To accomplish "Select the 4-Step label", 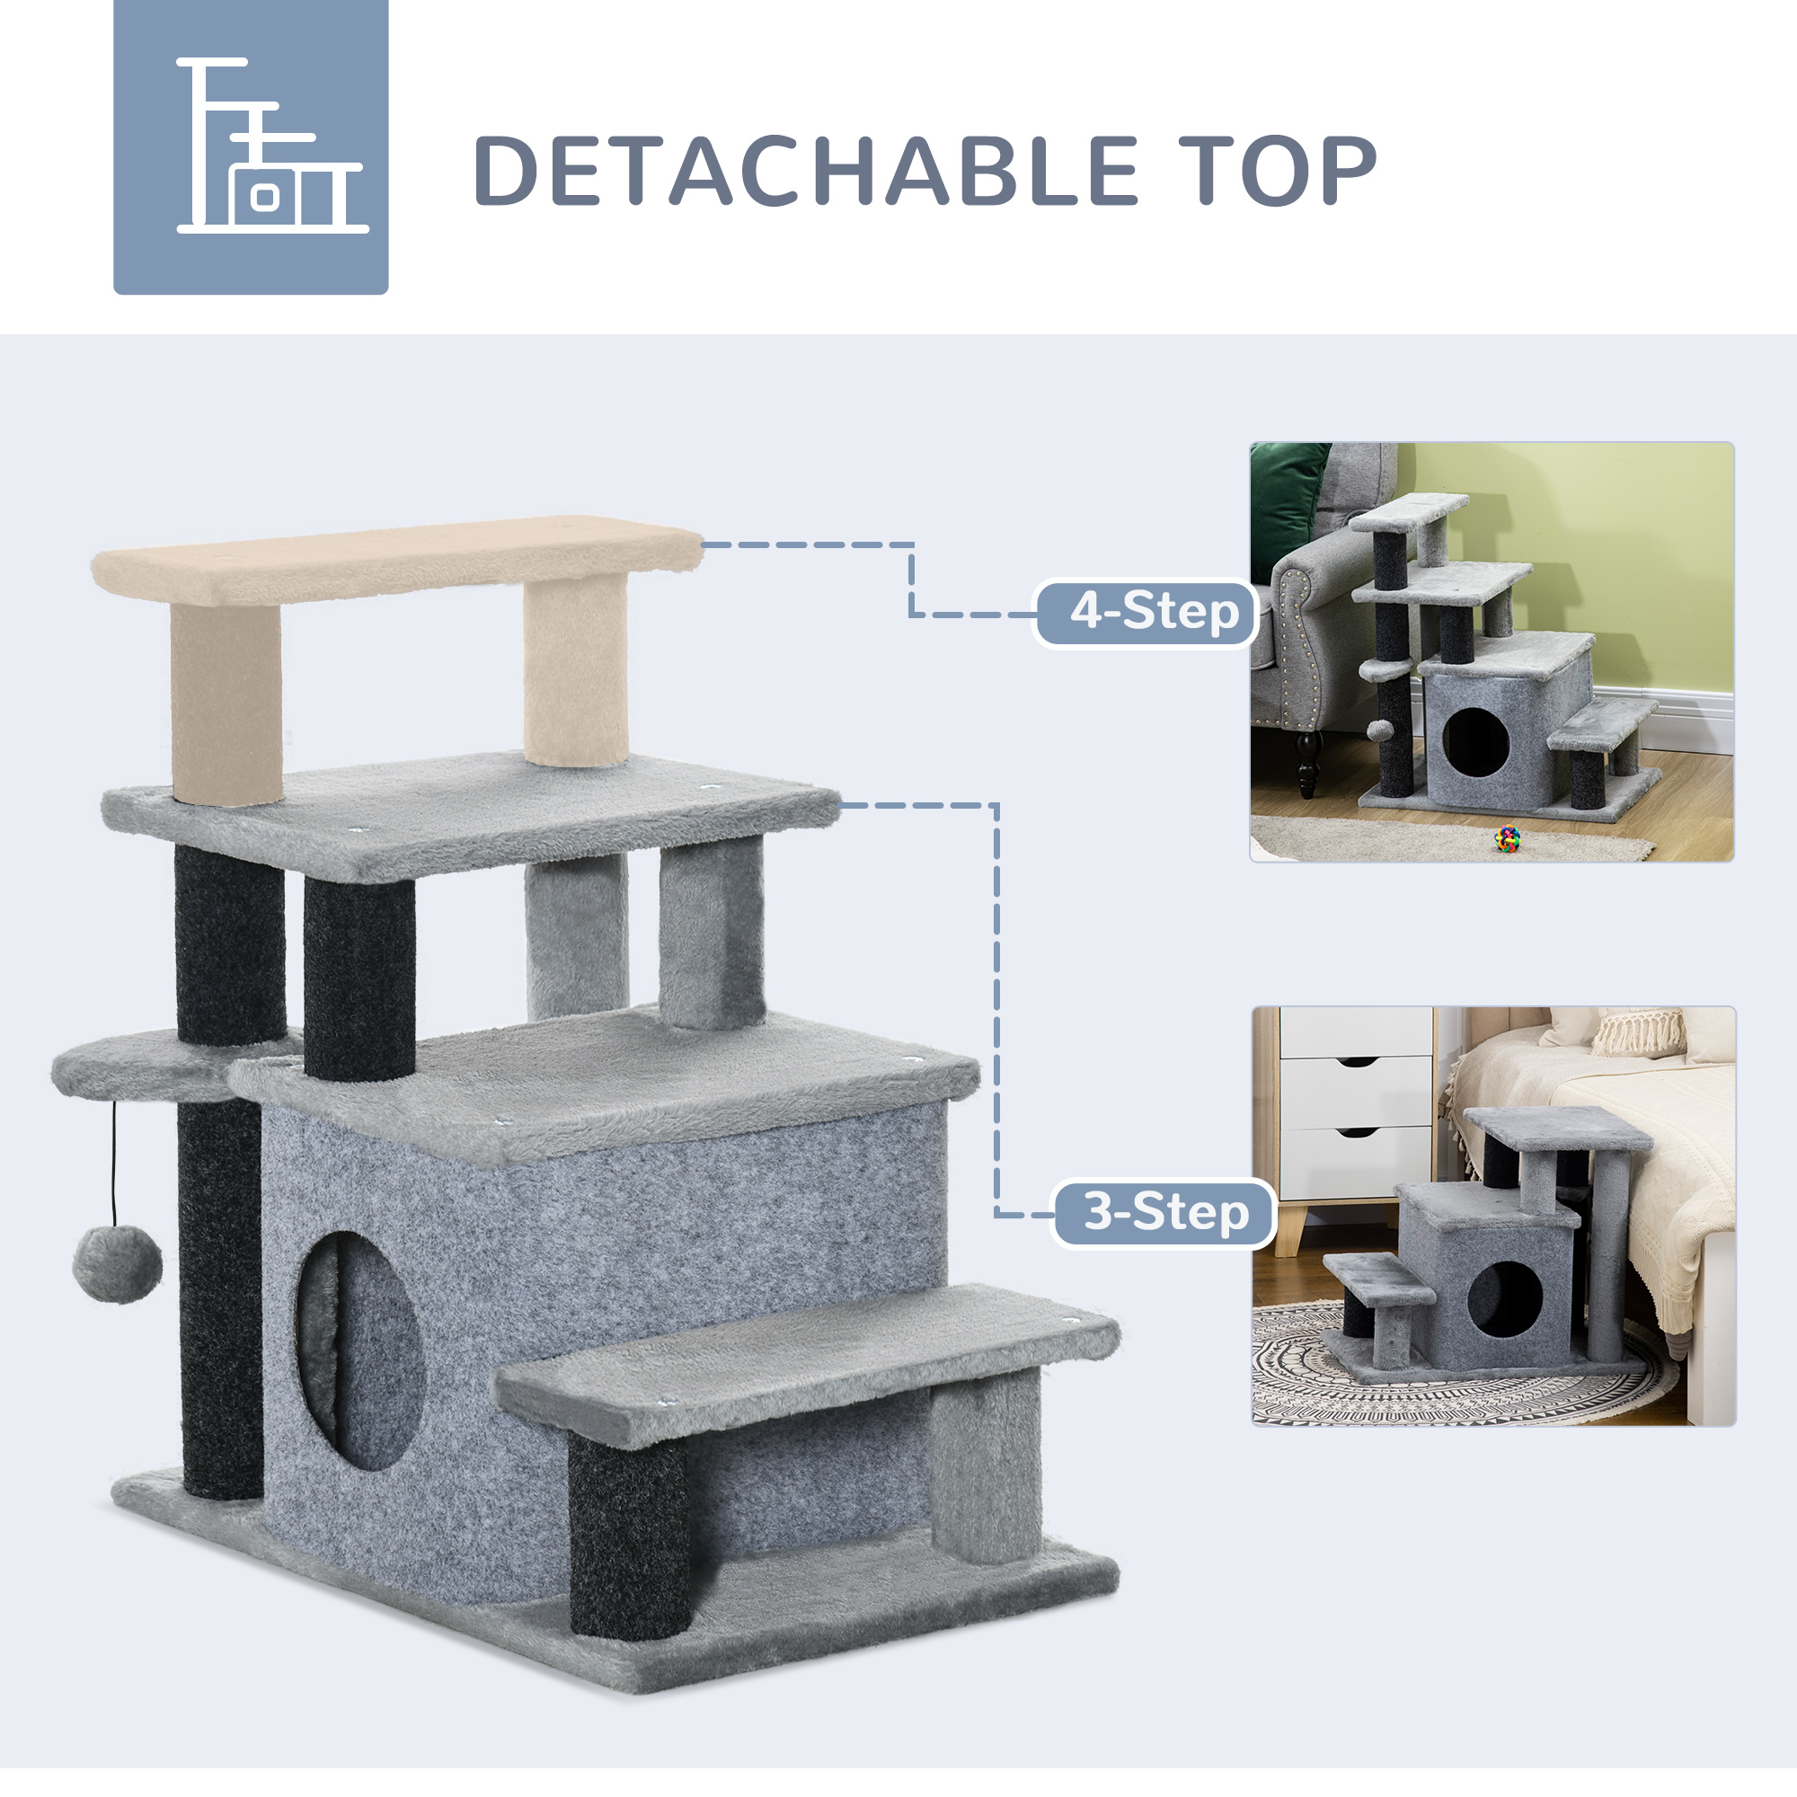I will point(1154,613).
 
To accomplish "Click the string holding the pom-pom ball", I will point(114,1163).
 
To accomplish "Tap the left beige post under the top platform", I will point(226,703).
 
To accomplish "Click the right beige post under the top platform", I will point(574,669).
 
